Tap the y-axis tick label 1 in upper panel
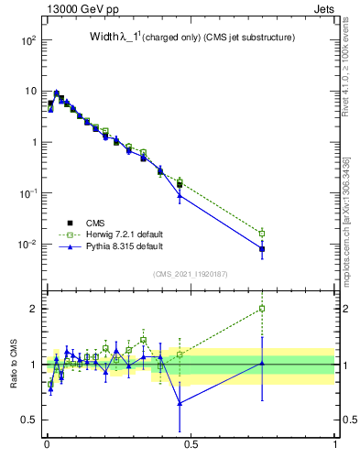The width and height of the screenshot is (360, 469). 32,143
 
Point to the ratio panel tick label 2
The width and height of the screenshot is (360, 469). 33,309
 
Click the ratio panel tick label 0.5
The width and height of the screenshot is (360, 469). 28,420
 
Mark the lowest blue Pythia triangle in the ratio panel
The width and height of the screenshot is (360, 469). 180,403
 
